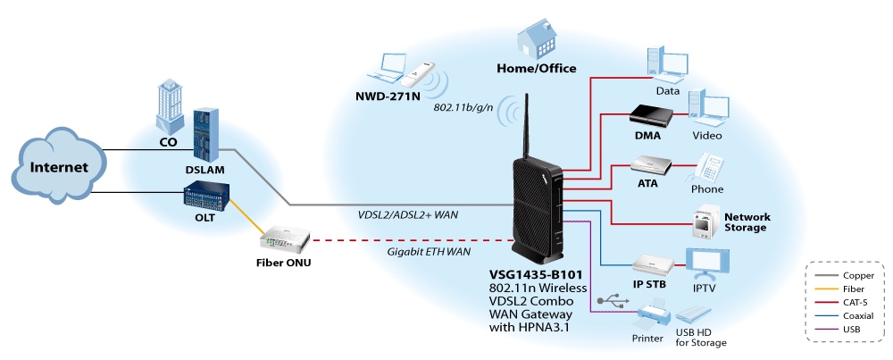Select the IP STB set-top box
pos(650,264)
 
